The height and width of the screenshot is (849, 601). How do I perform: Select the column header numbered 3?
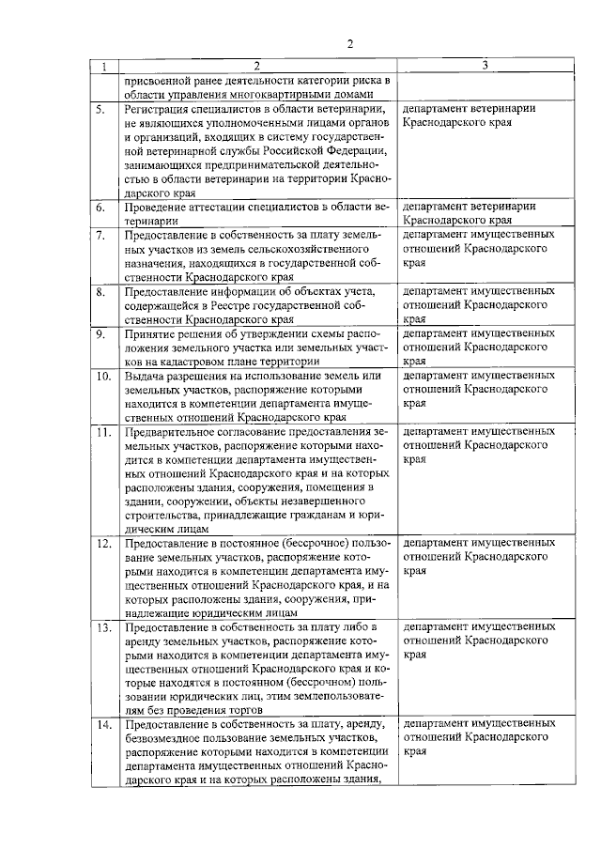484,66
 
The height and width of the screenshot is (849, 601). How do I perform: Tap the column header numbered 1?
103,66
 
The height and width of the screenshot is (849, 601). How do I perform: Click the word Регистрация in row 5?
161,108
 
